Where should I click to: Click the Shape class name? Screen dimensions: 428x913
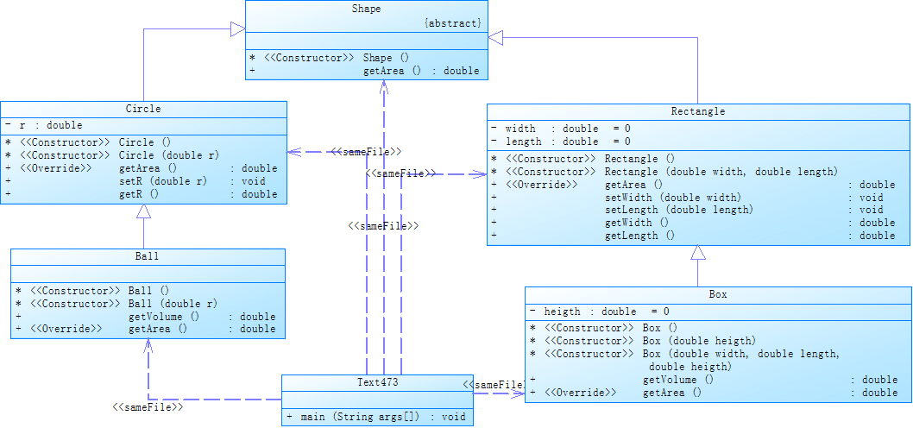[366, 9]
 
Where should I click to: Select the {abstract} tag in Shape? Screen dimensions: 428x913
[452, 23]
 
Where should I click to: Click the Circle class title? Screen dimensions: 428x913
[143, 109]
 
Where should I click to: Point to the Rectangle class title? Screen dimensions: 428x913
[698, 111]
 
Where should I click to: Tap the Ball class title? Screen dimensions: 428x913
[148, 256]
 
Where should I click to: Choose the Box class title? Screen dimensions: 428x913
[718, 294]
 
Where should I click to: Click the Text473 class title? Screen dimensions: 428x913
[377, 381]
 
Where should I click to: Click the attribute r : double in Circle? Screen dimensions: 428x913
[50, 125]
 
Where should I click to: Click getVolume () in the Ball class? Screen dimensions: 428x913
[164, 317]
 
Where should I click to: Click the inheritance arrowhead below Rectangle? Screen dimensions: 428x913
[698, 254]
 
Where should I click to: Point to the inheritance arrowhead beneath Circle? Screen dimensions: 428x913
[143, 211]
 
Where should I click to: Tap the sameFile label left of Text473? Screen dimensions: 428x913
[148, 406]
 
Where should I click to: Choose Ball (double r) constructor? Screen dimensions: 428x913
[173, 304]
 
